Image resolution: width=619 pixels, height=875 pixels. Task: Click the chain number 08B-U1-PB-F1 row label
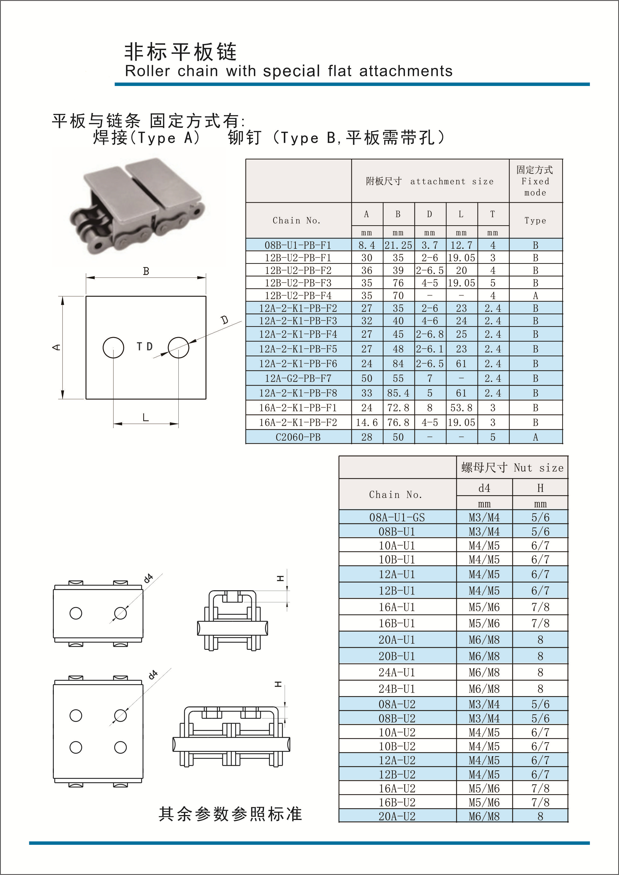[x=298, y=245]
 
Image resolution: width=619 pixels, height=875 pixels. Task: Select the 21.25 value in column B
[x=398, y=245]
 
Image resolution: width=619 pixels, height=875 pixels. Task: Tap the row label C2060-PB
[x=298, y=437]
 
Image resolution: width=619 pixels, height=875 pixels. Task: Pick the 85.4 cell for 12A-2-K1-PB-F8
[x=398, y=393]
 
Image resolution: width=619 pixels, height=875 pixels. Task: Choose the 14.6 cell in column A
[x=367, y=422]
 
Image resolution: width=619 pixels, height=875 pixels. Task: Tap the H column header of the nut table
[x=540, y=488]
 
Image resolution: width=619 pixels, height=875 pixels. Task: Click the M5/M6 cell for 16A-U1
[x=484, y=607]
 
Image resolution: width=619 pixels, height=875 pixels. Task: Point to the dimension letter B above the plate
[x=146, y=271]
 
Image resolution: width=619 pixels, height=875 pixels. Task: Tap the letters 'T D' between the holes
[x=145, y=346]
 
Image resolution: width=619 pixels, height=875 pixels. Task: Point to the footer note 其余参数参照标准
[x=230, y=814]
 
